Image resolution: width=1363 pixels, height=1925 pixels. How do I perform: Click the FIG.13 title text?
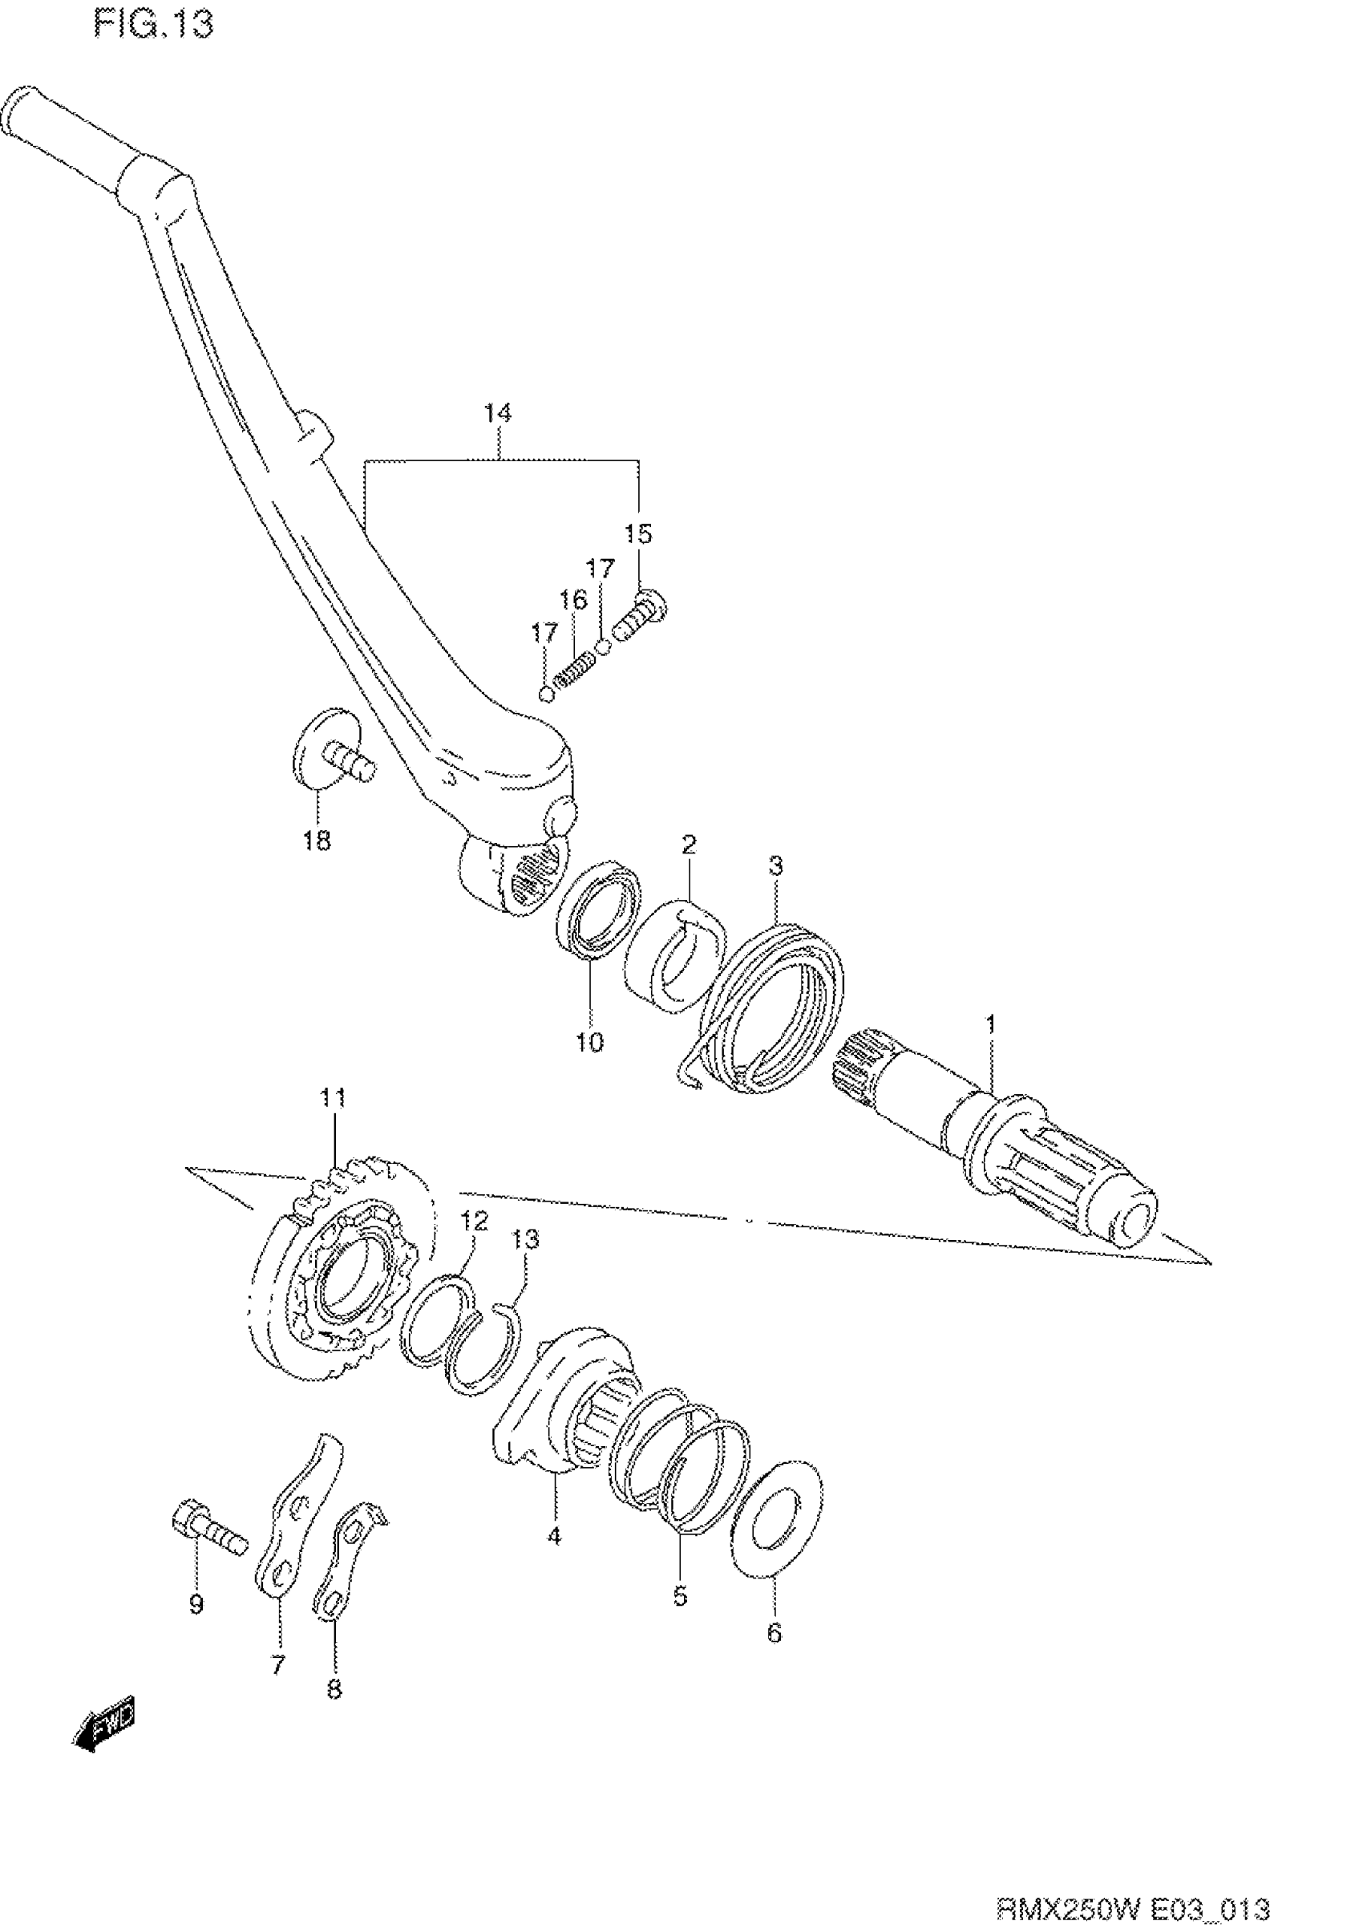pos(153,23)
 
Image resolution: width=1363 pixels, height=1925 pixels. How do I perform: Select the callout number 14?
pos(498,413)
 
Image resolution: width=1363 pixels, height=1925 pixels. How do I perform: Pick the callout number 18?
pos(317,841)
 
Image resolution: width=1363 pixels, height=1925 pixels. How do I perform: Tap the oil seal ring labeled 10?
pos(597,907)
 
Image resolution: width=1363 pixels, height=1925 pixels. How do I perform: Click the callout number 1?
pos(990,1024)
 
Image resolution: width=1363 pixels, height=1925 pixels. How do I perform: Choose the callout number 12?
pos(473,1222)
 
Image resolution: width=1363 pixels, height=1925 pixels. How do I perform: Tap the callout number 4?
pos(554,1536)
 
